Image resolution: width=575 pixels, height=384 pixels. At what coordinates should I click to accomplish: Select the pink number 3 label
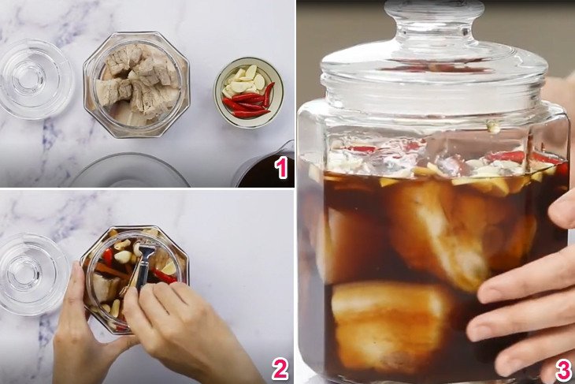tap(562, 367)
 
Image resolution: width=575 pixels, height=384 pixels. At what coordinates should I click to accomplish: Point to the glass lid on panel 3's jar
tap(433, 67)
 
